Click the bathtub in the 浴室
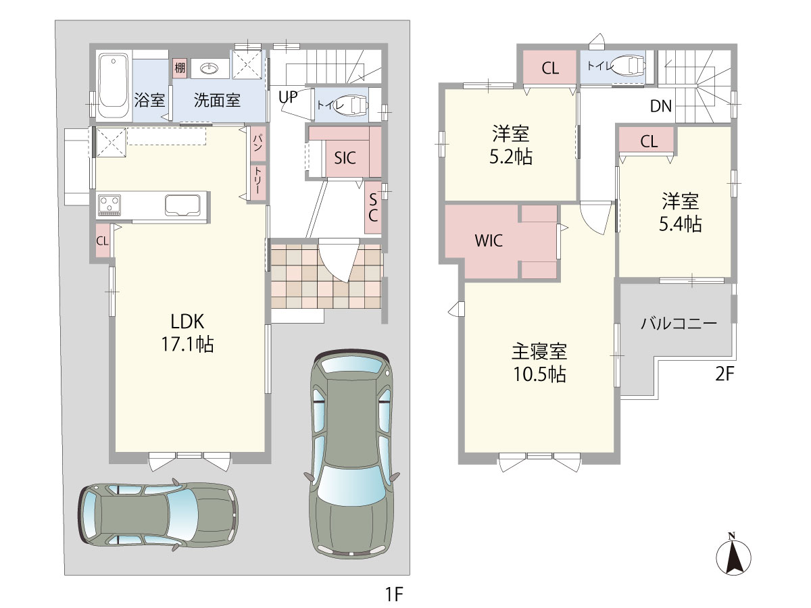pos(114,86)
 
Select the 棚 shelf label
pos(180,68)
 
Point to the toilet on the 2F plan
pos(627,66)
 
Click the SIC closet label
pos(345,158)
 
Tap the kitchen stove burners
pos(109,205)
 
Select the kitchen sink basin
pos(182,205)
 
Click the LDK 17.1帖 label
pos(187,333)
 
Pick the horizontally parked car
pos(157,515)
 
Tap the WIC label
pos(489,240)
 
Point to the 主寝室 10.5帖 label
pos(539,363)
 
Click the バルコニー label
pos(679,324)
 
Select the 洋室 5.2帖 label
pos(511,145)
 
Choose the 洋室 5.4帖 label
pos(680,212)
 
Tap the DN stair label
pos(660,106)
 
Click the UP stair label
pos(288,97)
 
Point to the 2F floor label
pos(724,374)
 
